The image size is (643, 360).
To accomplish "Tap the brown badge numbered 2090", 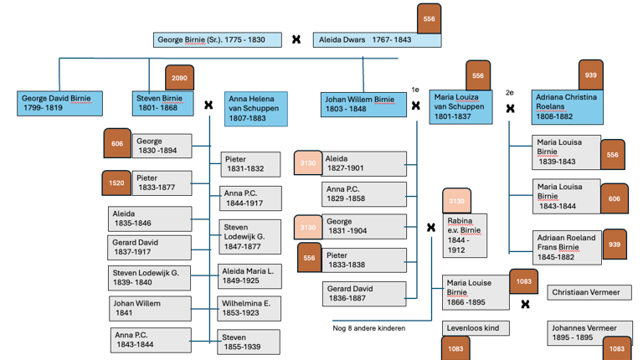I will [179, 78].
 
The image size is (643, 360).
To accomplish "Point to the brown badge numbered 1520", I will [117, 183].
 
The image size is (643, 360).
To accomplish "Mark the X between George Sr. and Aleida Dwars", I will [296, 39].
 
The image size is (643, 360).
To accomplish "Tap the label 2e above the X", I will [509, 92].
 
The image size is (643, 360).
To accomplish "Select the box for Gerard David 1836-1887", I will [364, 293].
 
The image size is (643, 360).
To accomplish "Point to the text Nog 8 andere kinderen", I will [369, 328].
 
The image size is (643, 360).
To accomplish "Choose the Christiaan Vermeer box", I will [589, 292].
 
